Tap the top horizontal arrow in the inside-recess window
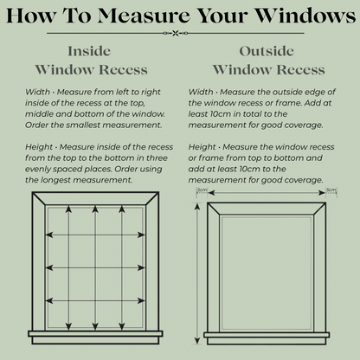[x=91, y=234]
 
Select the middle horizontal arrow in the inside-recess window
[x=91, y=267]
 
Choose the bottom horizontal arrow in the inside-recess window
[x=91, y=299]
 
